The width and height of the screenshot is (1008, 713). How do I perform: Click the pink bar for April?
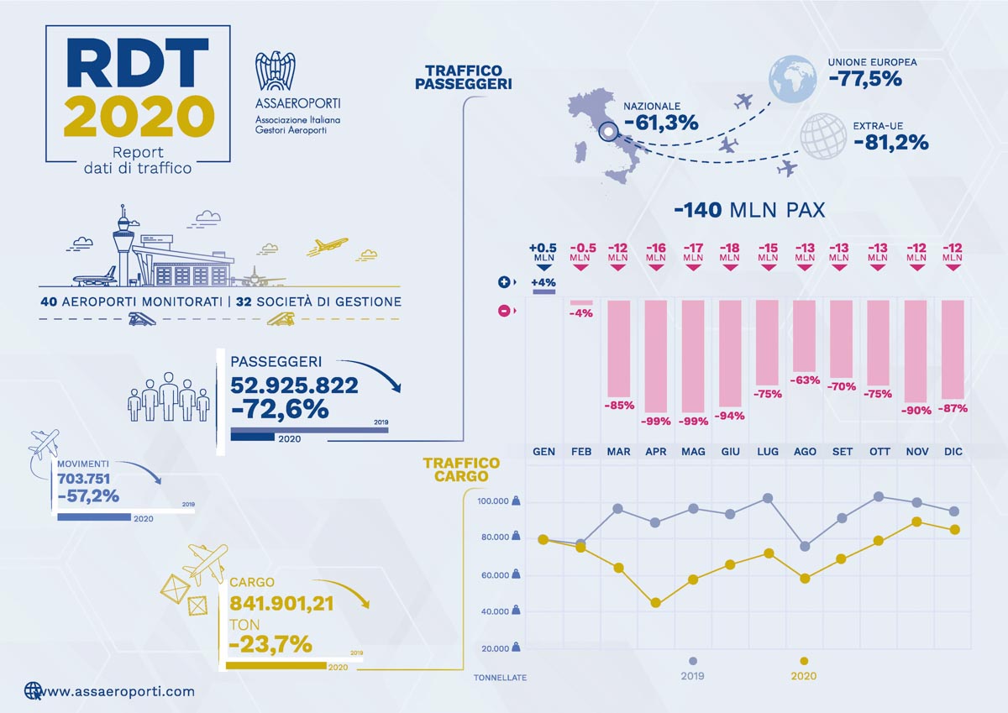pyautogui.click(x=655, y=353)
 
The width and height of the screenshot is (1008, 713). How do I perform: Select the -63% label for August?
pyautogui.click(x=805, y=380)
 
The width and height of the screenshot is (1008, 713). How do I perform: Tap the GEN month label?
pyautogui.click(x=543, y=452)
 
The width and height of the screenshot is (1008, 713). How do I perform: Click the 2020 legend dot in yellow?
pyautogui.click(x=804, y=660)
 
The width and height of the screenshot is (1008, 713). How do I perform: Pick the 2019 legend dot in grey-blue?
pyautogui.click(x=692, y=660)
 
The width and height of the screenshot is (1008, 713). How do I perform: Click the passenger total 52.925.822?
pyautogui.click(x=294, y=385)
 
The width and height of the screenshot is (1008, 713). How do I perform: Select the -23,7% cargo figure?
pyautogui.click(x=270, y=644)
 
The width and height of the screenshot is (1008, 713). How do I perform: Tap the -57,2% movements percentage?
pyautogui.click(x=88, y=495)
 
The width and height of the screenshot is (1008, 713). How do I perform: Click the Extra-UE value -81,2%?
pyautogui.click(x=890, y=143)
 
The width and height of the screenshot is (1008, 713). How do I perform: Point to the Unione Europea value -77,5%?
pyautogui.click(x=864, y=80)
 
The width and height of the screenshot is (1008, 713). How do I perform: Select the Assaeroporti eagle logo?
pyautogui.click(x=276, y=72)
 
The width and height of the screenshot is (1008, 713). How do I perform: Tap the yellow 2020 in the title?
pyautogui.click(x=139, y=117)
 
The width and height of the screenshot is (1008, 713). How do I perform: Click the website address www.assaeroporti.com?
pyautogui.click(x=118, y=691)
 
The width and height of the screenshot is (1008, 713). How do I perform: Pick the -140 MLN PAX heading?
pyautogui.click(x=749, y=209)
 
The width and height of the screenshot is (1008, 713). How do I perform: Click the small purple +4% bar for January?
pyautogui.click(x=543, y=292)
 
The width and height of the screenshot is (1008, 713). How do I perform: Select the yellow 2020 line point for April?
pyautogui.click(x=655, y=603)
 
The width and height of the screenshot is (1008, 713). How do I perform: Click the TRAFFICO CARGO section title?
pyautogui.click(x=461, y=469)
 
